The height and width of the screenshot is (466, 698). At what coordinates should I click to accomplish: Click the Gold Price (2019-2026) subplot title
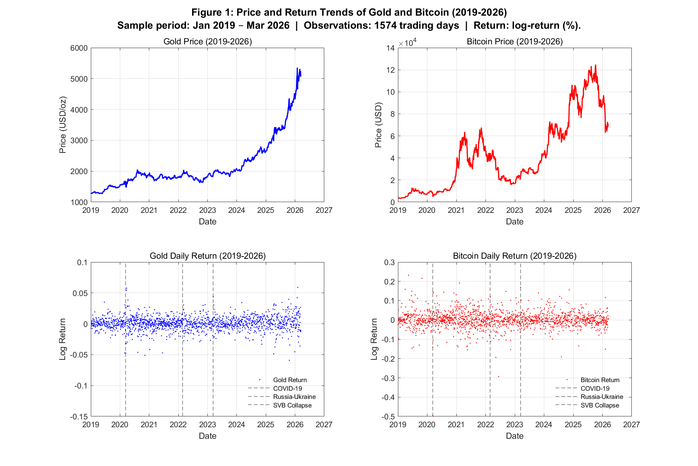pos(208,41)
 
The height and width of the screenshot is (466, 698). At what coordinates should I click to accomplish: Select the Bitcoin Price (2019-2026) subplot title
pos(514,41)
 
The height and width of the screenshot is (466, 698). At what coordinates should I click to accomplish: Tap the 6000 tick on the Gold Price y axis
pos(79,48)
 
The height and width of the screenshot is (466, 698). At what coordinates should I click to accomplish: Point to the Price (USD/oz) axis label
pos(63,125)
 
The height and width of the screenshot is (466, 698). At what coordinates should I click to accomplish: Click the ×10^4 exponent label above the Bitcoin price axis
pos(408,43)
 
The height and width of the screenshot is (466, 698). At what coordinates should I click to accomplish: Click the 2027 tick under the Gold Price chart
pos(324,210)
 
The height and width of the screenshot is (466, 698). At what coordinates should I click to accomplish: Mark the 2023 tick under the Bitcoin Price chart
pos(514,210)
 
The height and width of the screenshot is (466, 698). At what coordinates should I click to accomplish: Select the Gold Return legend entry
pos(290,380)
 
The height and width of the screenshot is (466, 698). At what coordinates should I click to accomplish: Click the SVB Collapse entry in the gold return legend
pos(292,405)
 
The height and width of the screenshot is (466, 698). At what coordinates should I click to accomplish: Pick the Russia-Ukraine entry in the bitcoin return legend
pos(602,397)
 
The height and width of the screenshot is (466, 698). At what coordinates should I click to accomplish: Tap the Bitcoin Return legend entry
pos(600,380)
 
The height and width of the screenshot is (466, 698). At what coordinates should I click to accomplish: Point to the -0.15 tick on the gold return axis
pos(79,416)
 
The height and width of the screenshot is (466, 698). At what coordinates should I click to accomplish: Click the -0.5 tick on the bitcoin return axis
pos(388,416)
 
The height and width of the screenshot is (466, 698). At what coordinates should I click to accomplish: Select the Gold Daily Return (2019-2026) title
pos(208,256)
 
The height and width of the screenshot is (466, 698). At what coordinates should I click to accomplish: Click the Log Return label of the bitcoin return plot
pos(374,339)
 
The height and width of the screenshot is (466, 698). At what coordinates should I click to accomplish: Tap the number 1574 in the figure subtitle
pos(386,25)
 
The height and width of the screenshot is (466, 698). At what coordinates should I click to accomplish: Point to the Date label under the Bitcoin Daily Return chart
pos(514,436)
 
